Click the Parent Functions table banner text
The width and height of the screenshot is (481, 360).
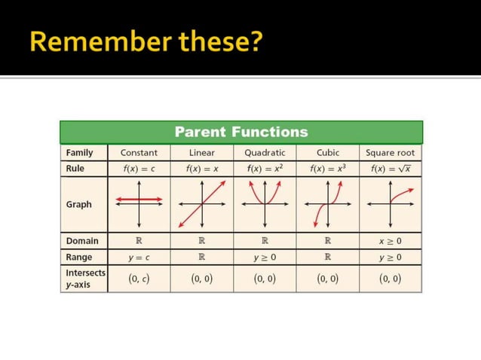241,132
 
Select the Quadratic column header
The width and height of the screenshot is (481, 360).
265,153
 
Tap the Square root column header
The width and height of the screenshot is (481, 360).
391,153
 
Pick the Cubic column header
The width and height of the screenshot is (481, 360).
328,153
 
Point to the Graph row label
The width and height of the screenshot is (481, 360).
78,204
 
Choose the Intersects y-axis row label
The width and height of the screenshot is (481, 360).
85,278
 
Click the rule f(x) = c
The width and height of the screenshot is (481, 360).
139,169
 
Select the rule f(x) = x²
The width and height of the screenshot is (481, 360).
265,169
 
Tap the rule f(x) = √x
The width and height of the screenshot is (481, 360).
391,169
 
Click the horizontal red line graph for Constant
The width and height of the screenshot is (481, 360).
139,200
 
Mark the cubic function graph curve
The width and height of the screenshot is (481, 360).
328,203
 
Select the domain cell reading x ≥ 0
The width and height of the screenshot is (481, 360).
391,242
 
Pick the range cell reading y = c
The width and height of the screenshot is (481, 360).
139,258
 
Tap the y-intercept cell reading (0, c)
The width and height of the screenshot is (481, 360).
139,279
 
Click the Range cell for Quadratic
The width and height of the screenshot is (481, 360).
265,258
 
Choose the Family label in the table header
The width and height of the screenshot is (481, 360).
79,153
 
